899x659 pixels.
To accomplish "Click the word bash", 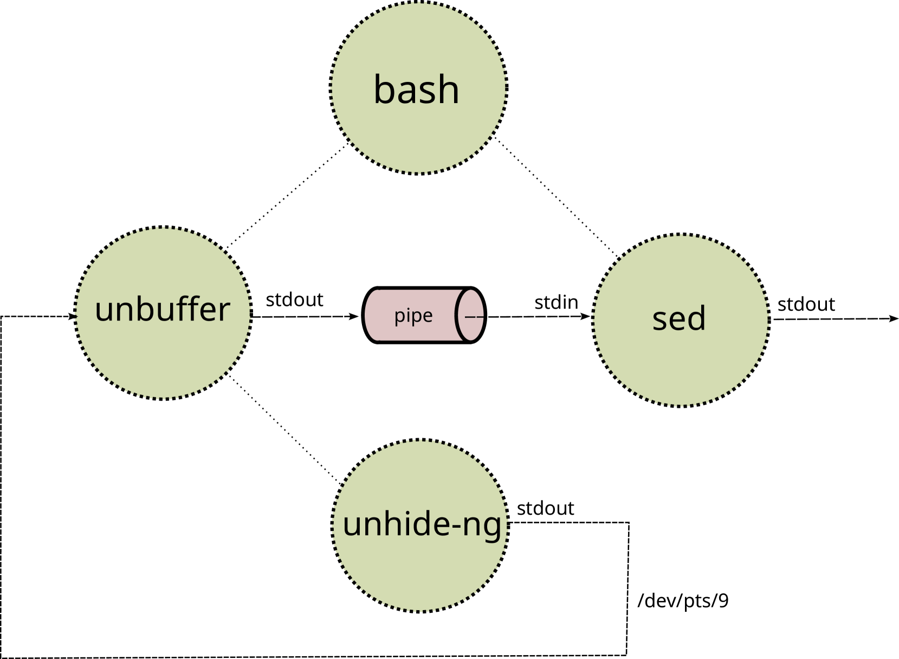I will [416, 89].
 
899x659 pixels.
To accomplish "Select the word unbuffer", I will [163, 310].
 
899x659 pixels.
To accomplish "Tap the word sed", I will [679, 318].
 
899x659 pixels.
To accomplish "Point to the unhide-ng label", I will [422, 525].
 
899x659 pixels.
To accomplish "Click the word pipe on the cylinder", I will [413, 315].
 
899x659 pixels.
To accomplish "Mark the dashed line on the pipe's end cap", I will [474, 316].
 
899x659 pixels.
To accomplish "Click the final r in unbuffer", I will [225, 311].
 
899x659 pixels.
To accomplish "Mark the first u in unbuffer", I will [104, 311].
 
